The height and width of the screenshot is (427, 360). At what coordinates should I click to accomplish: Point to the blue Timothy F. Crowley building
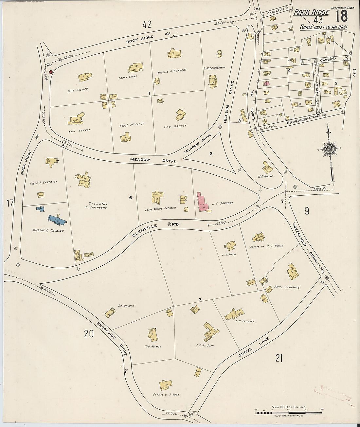click(57, 220)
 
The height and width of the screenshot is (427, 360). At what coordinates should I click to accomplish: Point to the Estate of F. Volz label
click(166, 395)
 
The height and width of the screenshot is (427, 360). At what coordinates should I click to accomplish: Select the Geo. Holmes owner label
click(152, 346)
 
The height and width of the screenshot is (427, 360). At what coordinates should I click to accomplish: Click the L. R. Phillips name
click(245, 321)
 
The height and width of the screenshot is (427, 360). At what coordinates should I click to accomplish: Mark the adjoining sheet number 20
click(89, 334)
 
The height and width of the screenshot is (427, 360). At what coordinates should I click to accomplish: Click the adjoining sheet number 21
click(279, 359)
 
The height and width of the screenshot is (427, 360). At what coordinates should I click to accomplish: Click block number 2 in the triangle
click(211, 153)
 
